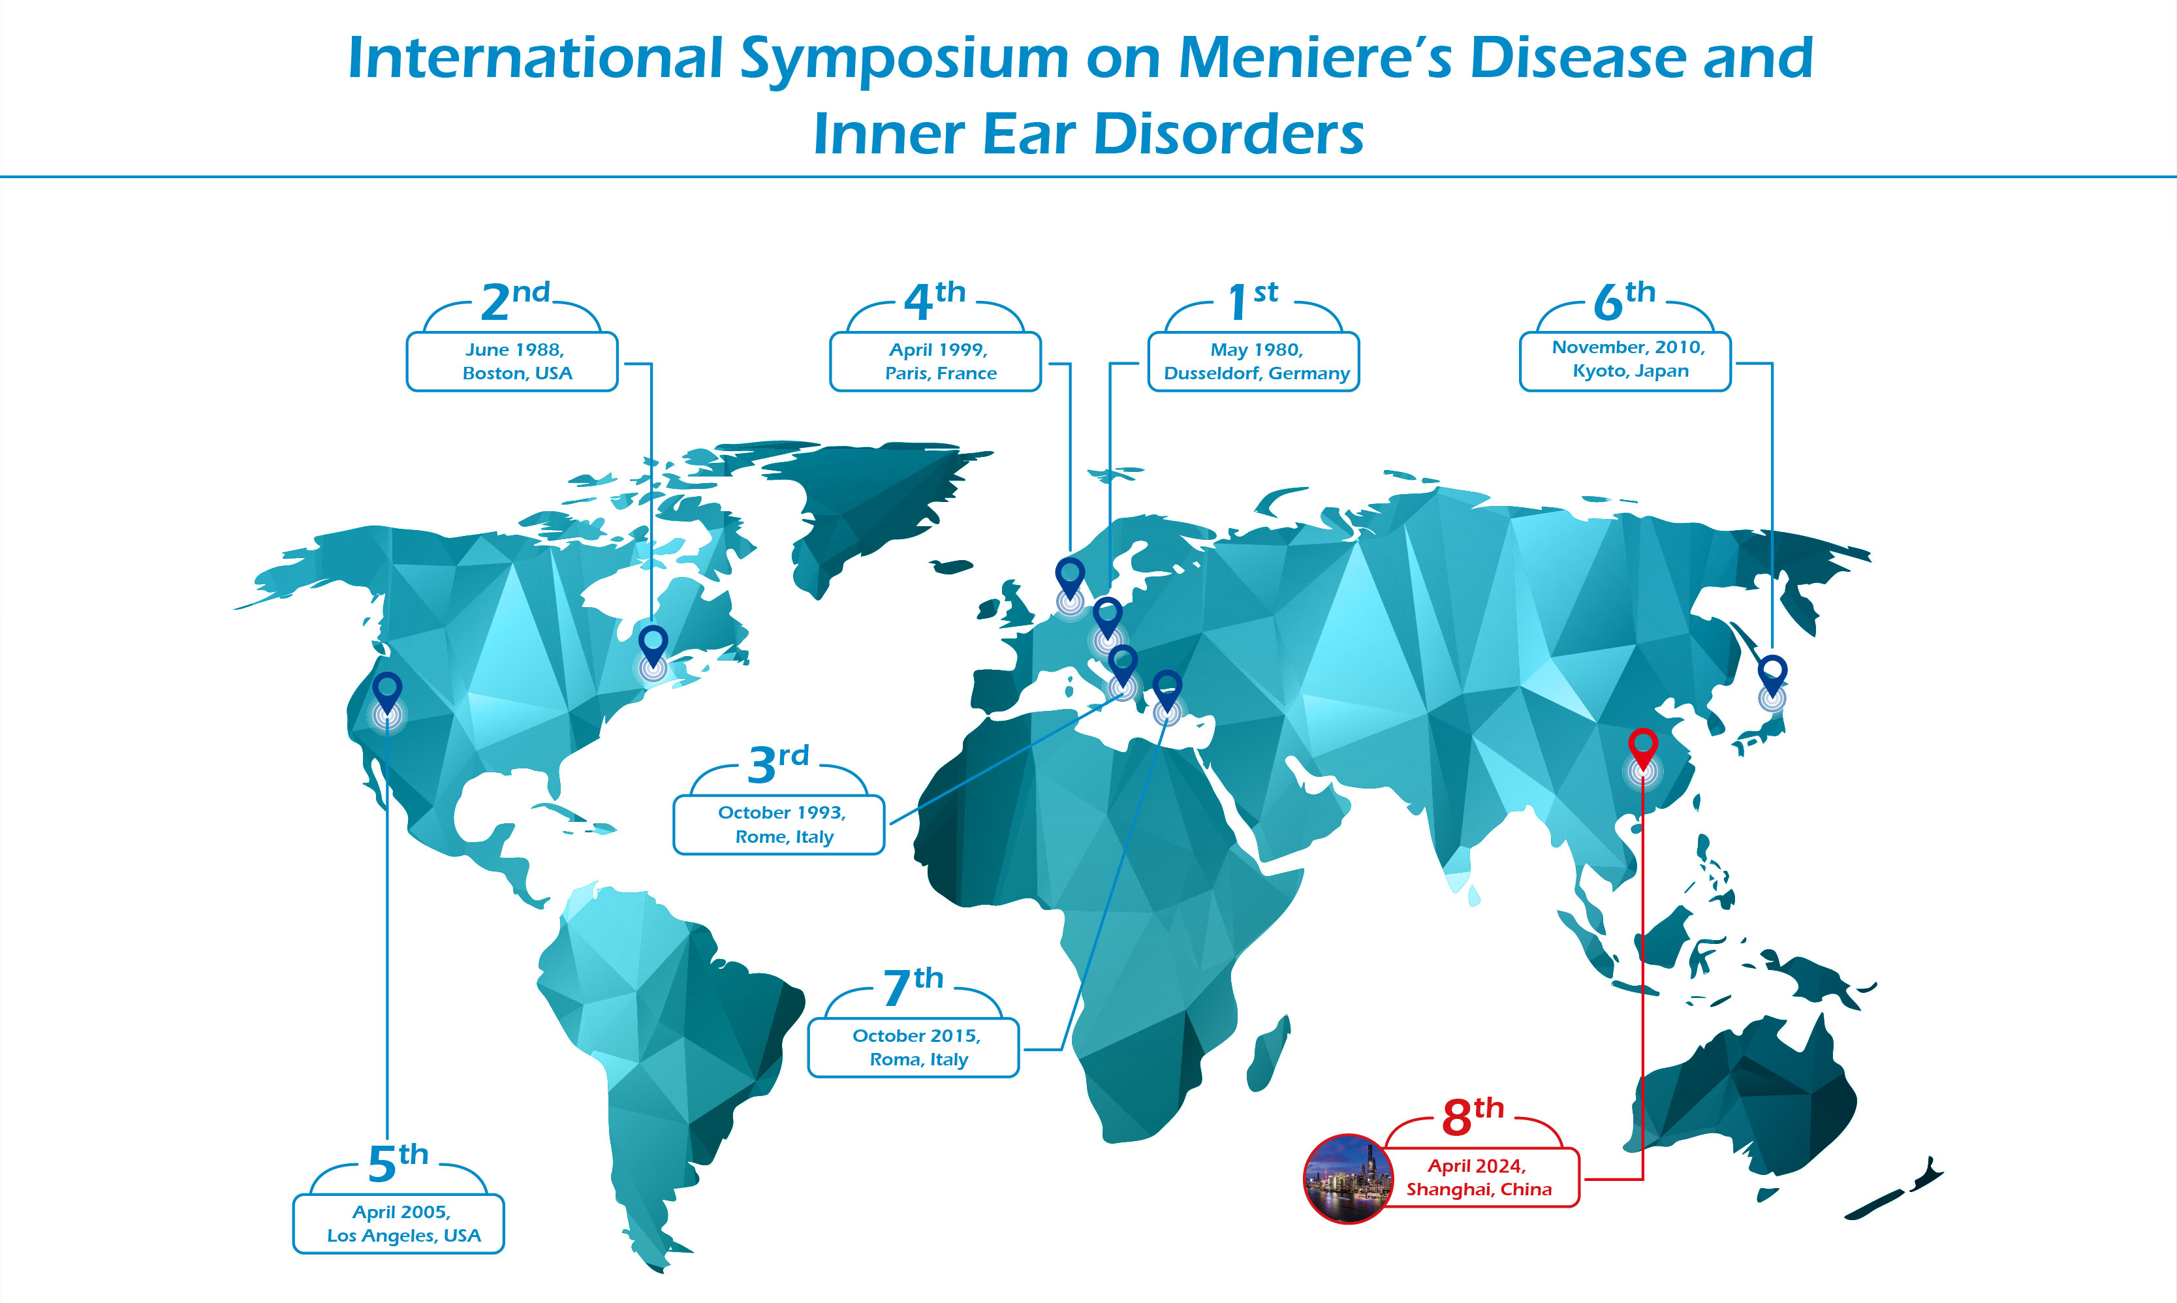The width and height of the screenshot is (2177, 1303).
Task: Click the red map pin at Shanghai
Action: click(1642, 749)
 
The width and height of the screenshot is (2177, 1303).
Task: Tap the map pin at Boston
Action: click(653, 646)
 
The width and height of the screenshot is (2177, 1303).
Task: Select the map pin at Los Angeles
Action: click(387, 694)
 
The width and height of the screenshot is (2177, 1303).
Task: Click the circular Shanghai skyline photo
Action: click(1347, 1179)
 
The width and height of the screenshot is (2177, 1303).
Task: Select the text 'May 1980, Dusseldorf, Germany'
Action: click(1256, 362)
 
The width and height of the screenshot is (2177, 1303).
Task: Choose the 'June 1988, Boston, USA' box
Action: click(512, 362)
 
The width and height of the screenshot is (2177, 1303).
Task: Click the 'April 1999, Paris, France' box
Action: click(936, 362)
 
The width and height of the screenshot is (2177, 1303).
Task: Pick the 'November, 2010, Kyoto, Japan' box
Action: click(1625, 362)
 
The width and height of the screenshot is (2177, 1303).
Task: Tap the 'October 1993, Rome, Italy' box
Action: click(779, 824)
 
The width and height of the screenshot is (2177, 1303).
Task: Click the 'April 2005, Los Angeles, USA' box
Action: click(399, 1224)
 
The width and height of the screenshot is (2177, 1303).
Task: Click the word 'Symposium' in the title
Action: click(904, 59)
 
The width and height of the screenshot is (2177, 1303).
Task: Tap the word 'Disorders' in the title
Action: click(1229, 134)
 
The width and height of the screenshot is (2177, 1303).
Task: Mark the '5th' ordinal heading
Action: click(398, 1163)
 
